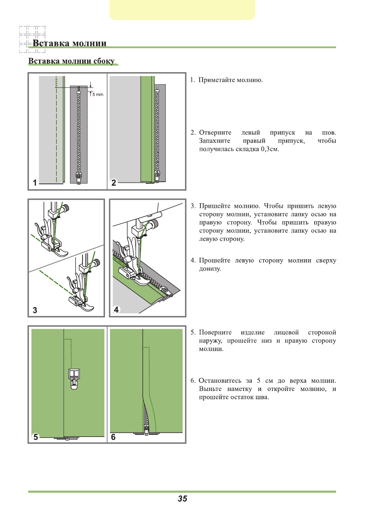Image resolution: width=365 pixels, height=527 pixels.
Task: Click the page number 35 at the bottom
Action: tap(182, 499)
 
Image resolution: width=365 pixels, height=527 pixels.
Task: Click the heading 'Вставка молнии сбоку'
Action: tap(71, 61)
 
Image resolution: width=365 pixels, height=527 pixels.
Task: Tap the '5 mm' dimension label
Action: tap(98, 95)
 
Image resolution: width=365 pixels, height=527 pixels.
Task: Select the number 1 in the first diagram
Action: tap(35, 182)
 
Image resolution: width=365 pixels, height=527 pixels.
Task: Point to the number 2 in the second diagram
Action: tap(114, 182)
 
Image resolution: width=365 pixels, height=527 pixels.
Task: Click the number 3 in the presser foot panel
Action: tap(35, 310)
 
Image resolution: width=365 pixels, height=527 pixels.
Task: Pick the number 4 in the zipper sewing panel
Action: tap(116, 310)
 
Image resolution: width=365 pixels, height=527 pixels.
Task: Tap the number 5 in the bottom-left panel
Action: tap(36, 437)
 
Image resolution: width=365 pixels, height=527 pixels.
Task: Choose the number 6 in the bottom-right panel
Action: tap(113, 437)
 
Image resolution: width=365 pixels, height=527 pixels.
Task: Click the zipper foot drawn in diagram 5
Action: tap(74, 378)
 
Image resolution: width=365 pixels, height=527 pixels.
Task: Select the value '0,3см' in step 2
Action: tap(269, 149)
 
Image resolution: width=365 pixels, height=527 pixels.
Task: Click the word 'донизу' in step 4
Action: tap(210, 269)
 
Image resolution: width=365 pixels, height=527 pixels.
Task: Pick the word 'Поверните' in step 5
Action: tap(215, 332)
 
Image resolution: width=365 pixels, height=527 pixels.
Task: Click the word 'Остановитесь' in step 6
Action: tap(220, 381)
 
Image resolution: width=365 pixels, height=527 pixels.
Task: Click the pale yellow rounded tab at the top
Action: tap(182, 10)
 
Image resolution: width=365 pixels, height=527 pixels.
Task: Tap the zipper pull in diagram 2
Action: tap(157, 175)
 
